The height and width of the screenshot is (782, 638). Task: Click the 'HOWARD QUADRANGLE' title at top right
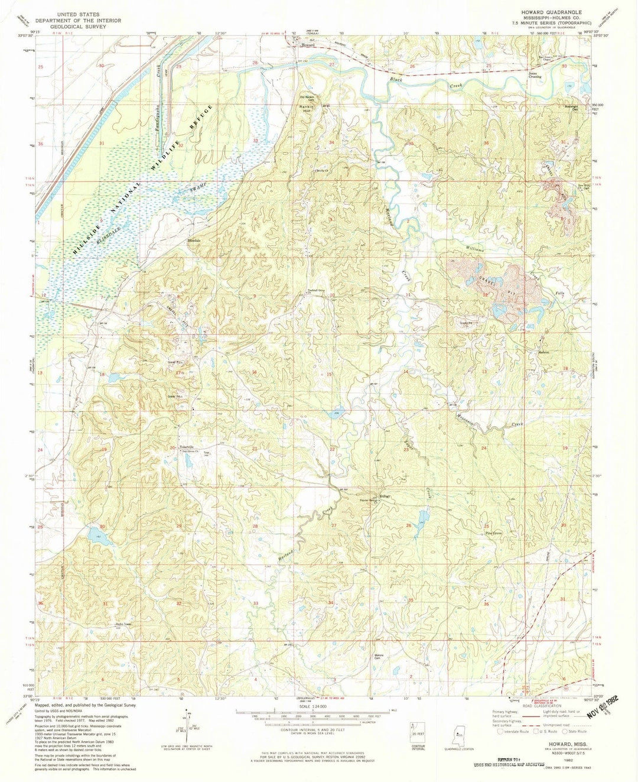click(551, 12)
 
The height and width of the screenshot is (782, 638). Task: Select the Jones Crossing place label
click(535, 75)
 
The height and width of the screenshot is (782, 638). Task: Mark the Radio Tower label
click(122, 625)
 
